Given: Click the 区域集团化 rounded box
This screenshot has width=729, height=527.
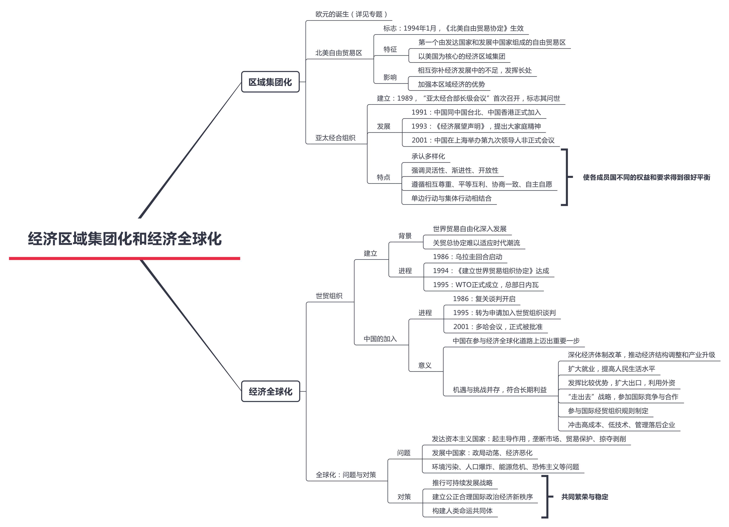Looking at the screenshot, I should [x=270, y=82].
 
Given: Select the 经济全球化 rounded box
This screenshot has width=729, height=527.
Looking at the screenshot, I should [x=270, y=391].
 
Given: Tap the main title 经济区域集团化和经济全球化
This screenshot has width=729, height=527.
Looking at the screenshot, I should [x=125, y=239].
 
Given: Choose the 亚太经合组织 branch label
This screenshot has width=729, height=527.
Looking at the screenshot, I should [x=335, y=138].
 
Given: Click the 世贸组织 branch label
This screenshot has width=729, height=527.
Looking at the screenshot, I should [x=329, y=296].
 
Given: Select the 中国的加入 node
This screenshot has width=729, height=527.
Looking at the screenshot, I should [x=380, y=339].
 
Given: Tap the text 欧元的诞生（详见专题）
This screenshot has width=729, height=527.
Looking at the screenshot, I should [x=351, y=14].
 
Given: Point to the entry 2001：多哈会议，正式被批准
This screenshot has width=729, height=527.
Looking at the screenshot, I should [x=498, y=327].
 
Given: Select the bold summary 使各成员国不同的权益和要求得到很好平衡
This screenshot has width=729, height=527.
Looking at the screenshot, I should [x=646, y=177].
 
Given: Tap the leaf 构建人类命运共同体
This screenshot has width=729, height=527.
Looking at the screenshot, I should [x=462, y=511].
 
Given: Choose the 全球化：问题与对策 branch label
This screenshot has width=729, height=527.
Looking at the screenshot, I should [x=345, y=475].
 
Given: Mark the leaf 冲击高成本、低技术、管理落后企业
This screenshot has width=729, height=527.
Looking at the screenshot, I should [x=621, y=425].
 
